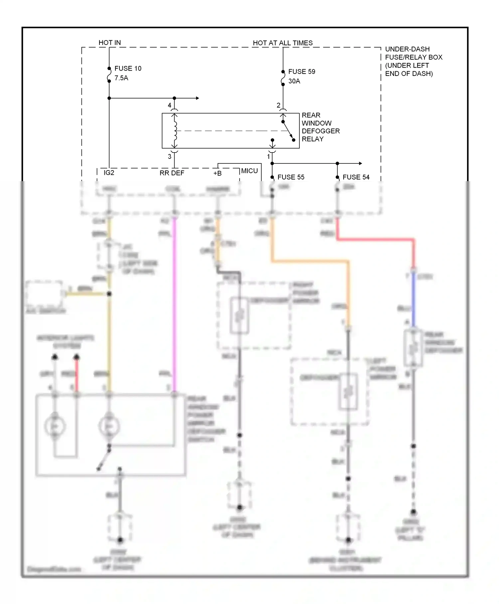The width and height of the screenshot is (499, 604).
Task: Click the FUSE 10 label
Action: (128, 68)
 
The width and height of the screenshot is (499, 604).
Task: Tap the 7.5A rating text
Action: (121, 78)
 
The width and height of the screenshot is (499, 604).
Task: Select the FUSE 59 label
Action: (301, 72)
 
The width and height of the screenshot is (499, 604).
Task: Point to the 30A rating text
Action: (294, 81)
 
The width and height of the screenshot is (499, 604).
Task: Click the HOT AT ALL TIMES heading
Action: (282, 43)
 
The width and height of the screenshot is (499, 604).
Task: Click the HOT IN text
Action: (109, 43)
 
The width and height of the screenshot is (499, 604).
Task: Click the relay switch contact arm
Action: (288, 131)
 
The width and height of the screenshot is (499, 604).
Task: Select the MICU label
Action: (249, 171)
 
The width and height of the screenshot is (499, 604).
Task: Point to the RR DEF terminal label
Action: (172, 173)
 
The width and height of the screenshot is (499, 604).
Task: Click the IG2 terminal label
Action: (109, 173)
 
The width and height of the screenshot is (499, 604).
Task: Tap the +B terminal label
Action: (217, 173)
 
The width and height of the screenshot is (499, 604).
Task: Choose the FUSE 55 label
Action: (291, 177)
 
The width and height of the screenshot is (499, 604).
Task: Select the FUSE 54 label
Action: (356, 177)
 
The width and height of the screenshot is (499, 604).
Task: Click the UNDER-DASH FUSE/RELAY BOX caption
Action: (413, 61)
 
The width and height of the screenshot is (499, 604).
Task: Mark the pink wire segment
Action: (174, 300)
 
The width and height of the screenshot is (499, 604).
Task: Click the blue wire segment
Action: (414, 300)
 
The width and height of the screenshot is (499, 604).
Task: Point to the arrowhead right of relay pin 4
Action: (198, 98)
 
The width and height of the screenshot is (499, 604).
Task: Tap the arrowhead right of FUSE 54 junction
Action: (360, 163)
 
